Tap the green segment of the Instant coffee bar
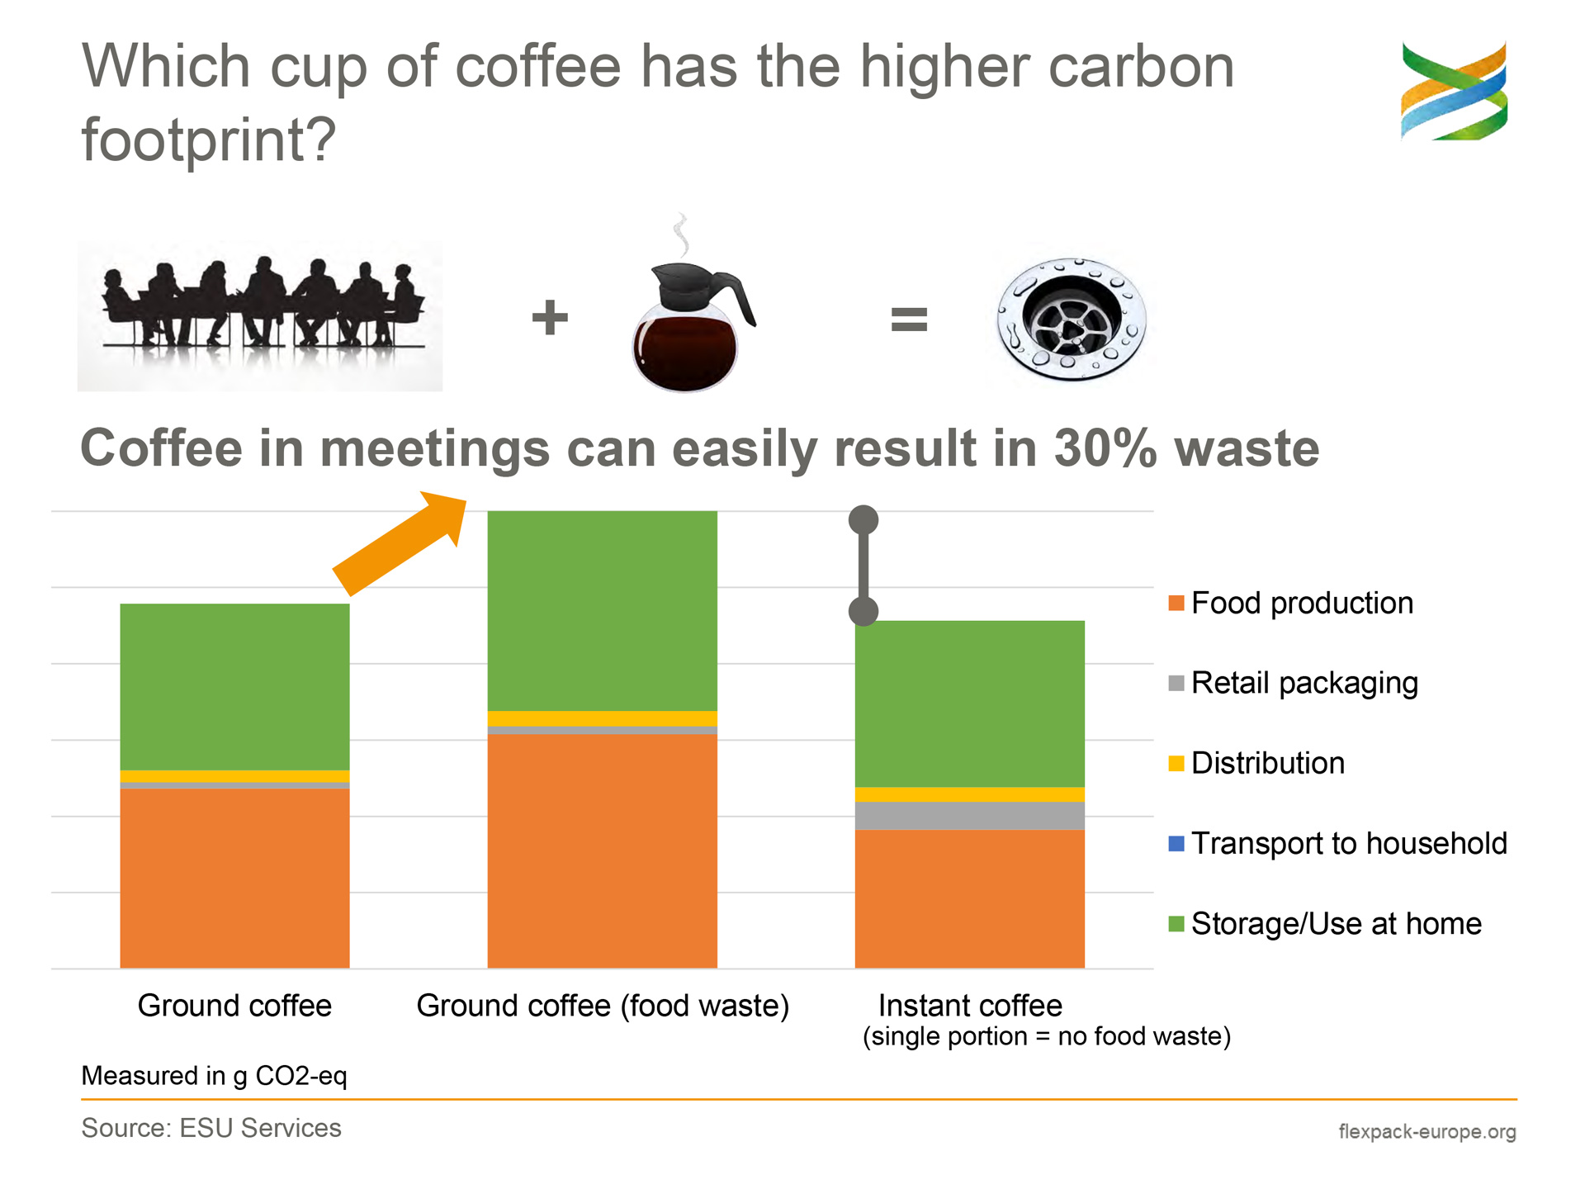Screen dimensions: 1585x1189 click(969, 703)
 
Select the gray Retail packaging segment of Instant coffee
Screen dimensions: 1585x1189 click(969, 816)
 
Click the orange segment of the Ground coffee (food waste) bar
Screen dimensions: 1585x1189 click(602, 851)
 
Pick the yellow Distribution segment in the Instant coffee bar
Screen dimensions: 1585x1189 click(969, 794)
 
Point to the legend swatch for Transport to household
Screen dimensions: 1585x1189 click(1176, 843)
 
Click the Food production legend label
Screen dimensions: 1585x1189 click(1302, 603)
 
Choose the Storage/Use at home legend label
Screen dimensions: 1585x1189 click(1337, 923)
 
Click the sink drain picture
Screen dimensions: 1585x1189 click(1072, 319)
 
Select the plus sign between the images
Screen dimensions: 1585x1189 click(550, 318)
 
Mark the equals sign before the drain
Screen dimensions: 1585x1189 click(909, 319)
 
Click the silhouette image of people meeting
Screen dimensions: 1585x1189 click(260, 315)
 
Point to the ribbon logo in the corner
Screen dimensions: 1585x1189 click(1455, 91)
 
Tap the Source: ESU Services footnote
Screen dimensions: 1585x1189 click(211, 1128)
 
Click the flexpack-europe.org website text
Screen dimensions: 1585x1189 click(1427, 1131)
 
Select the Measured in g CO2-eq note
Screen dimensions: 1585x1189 click(214, 1076)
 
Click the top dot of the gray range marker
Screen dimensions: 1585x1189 click(863, 520)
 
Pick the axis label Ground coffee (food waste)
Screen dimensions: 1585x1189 click(603, 1006)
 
